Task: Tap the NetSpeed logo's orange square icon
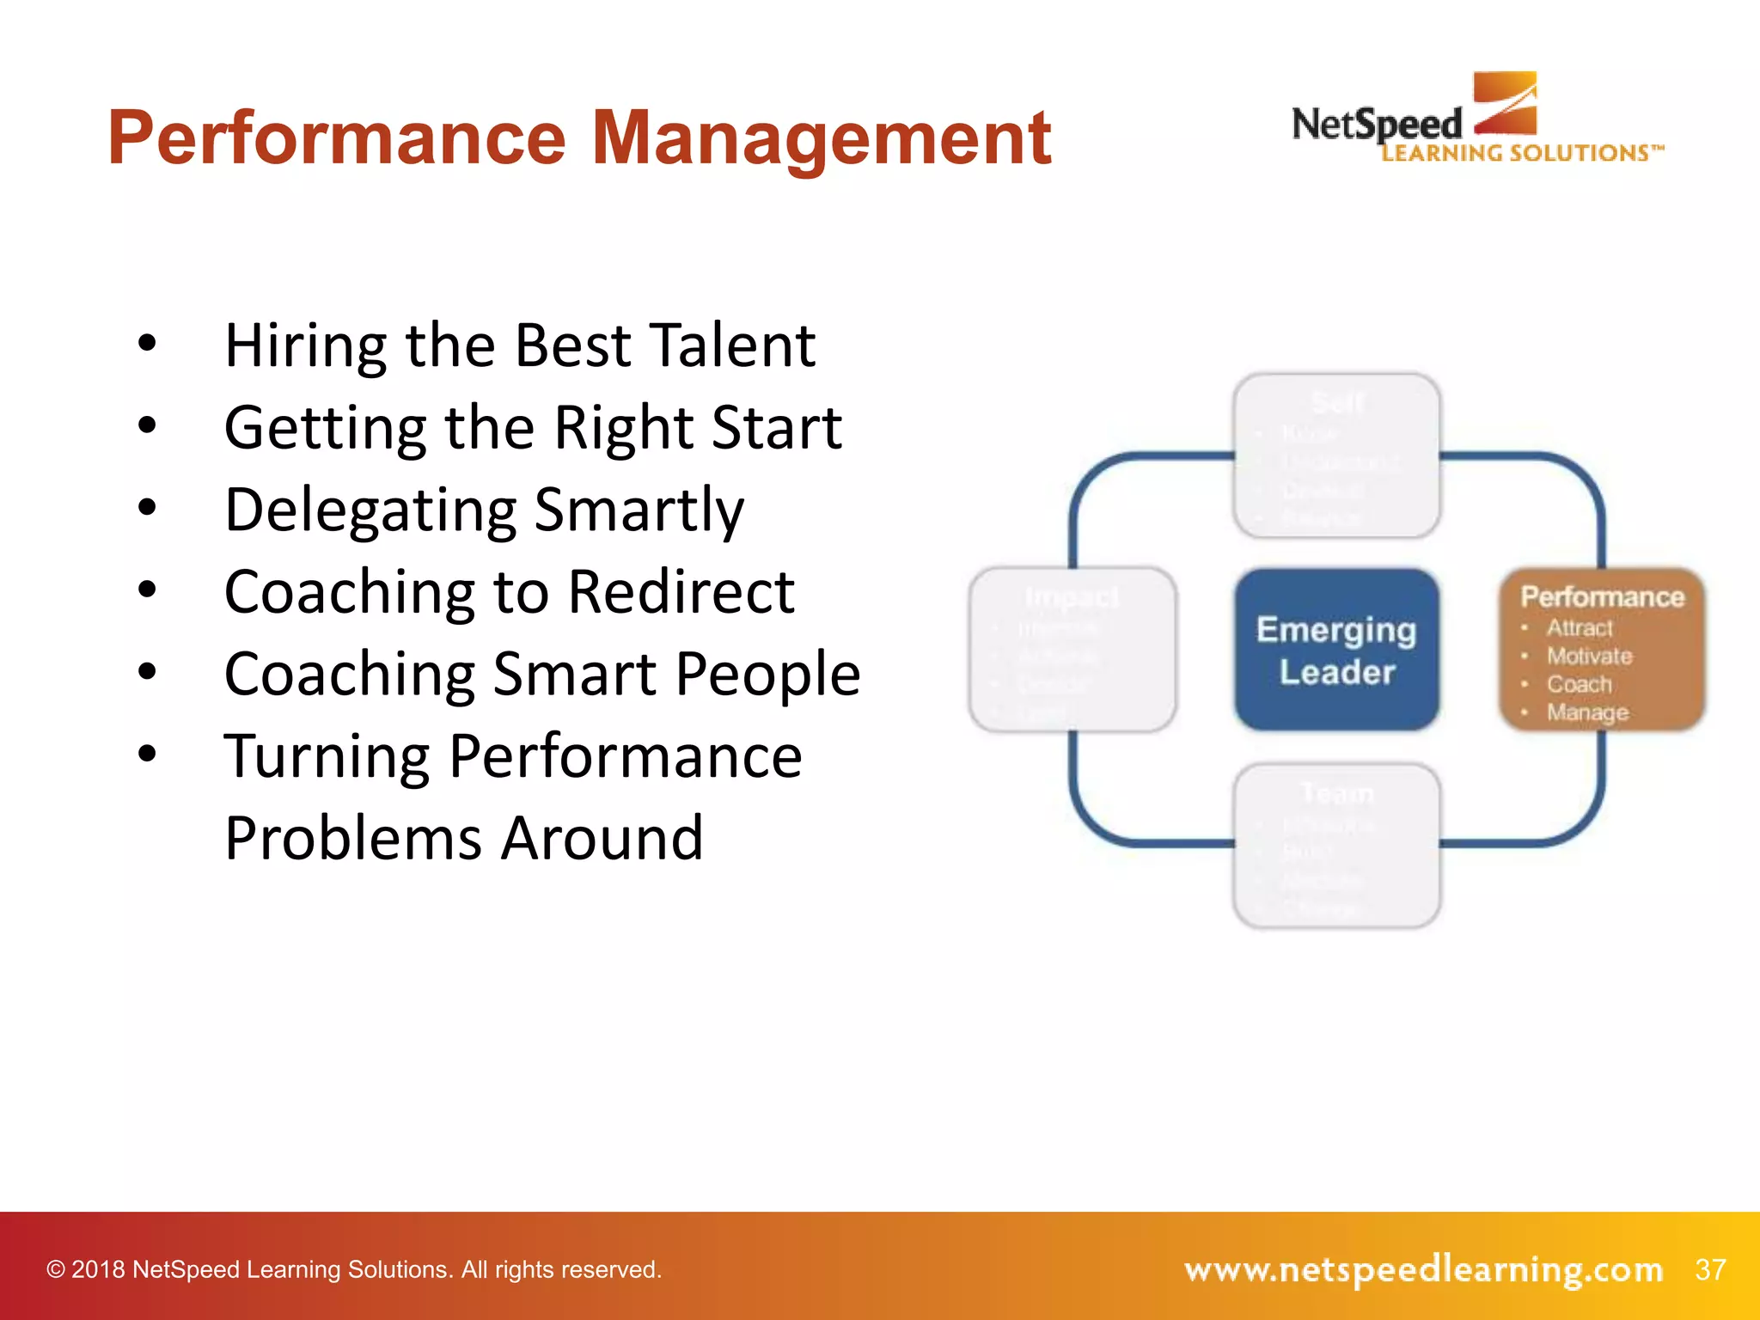click(x=1506, y=103)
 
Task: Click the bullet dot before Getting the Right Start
click(x=148, y=425)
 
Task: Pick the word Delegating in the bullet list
click(x=370, y=510)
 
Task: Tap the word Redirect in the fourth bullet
click(x=681, y=592)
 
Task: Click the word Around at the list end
click(x=602, y=838)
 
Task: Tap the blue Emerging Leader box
click(x=1336, y=650)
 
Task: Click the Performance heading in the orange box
click(x=1602, y=596)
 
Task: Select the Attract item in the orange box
click(x=1580, y=628)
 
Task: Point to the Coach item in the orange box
click(x=1580, y=684)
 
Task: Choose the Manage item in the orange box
click(x=1587, y=712)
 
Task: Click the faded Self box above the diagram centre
click(x=1336, y=455)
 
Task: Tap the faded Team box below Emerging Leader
click(x=1336, y=846)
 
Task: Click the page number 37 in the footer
click(x=1710, y=1269)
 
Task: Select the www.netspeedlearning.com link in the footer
click(x=1423, y=1269)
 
